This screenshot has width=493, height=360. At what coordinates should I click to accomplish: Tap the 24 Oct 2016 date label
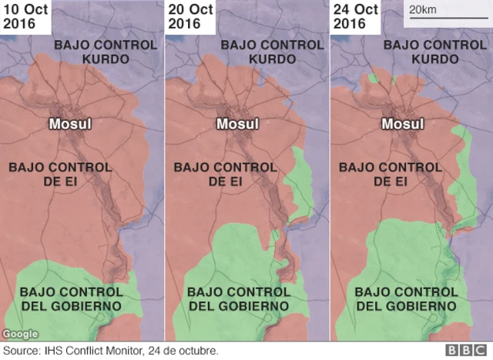pyautogui.click(x=355, y=16)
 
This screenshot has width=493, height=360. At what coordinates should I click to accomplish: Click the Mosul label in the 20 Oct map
pyautogui.click(x=237, y=123)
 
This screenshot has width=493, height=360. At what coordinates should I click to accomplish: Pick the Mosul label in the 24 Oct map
pyautogui.click(x=403, y=123)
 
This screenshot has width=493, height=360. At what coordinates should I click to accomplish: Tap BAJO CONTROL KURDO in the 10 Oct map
pyautogui.click(x=105, y=51)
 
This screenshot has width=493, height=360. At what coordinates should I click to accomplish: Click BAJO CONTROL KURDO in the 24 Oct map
pyautogui.click(x=434, y=51)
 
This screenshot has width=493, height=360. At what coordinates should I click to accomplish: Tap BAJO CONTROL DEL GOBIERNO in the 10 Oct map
pyautogui.click(x=71, y=298)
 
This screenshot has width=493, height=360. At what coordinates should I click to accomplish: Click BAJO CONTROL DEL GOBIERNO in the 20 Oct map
pyautogui.click(x=239, y=298)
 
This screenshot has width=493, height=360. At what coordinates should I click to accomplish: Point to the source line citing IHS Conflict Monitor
pyautogui.click(x=111, y=351)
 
